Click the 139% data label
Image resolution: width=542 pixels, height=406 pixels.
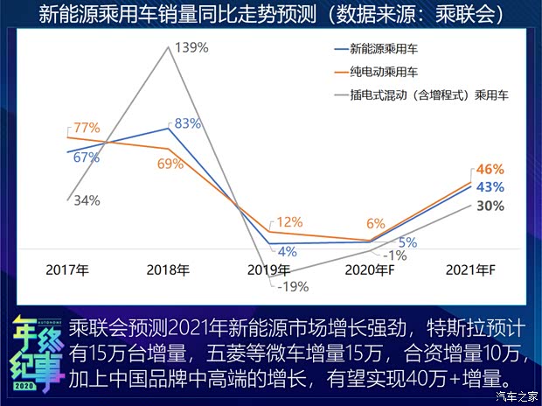click(x=191, y=47)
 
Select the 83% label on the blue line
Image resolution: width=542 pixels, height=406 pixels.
click(x=188, y=123)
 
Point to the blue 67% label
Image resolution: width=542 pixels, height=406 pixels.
click(x=87, y=157)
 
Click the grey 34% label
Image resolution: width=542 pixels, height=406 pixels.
click(x=86, y=199)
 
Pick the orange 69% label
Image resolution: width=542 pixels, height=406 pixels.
click(x=171, y=163)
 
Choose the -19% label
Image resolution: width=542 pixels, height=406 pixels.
click(x=292, y=285)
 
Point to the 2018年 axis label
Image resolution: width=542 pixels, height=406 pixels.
click(x=169, y=269)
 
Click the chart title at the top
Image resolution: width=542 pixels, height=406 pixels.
click(x=271, y=13)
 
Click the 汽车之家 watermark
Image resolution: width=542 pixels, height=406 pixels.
click(x=515, y=396)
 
